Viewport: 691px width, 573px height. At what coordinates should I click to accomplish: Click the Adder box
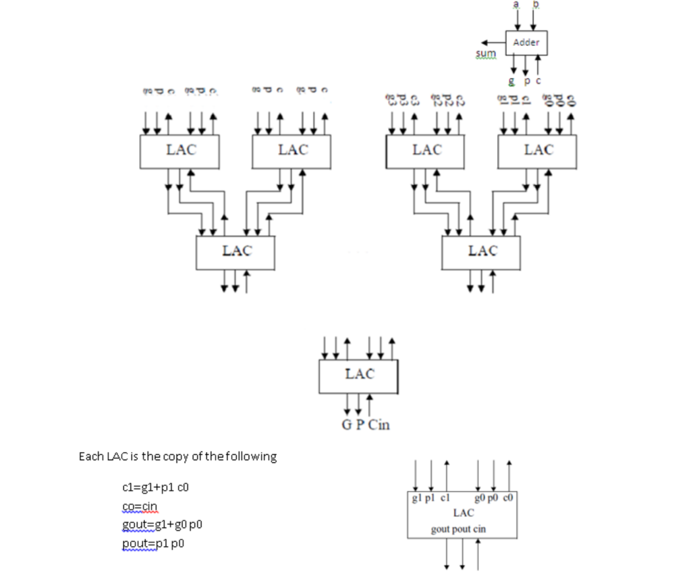pyautogui.click(x=526, y=43)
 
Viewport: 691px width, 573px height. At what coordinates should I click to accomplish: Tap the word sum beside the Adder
pyautogui.click(x=485, y=53)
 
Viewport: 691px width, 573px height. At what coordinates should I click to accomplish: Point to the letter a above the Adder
pyautogui.click(x=517, y=5)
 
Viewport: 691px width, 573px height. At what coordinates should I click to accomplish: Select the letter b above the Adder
pyautogui.click(x=536, y=5)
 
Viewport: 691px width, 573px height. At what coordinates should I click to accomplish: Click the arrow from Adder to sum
pyautogui.click(x=498, y=43)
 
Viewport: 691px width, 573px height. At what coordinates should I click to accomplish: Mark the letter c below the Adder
pyautogui.click(x=539, y=81)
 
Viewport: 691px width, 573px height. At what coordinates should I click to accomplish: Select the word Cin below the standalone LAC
pyautogui.click(x=379, y=425)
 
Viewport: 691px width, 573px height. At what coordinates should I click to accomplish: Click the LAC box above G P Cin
pyautogui.click(x=358, y=376)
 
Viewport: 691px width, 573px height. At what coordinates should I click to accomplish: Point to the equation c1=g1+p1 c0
pyautogui.click(x=150, y=487)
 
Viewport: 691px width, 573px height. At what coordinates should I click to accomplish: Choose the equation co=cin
pyautogui.click(x=140, y=505)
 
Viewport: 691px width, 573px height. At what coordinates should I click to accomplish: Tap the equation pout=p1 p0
pyautogui.click(x=152, y=543)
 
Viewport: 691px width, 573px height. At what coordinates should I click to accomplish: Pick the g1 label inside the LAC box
pyautogui.click(x=416, y=499)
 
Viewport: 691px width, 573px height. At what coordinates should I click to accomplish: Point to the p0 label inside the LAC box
pyautogui.click(x=493, y=499)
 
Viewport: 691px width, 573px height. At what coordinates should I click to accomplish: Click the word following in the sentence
pyautogui.click(x=251, y=456)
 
